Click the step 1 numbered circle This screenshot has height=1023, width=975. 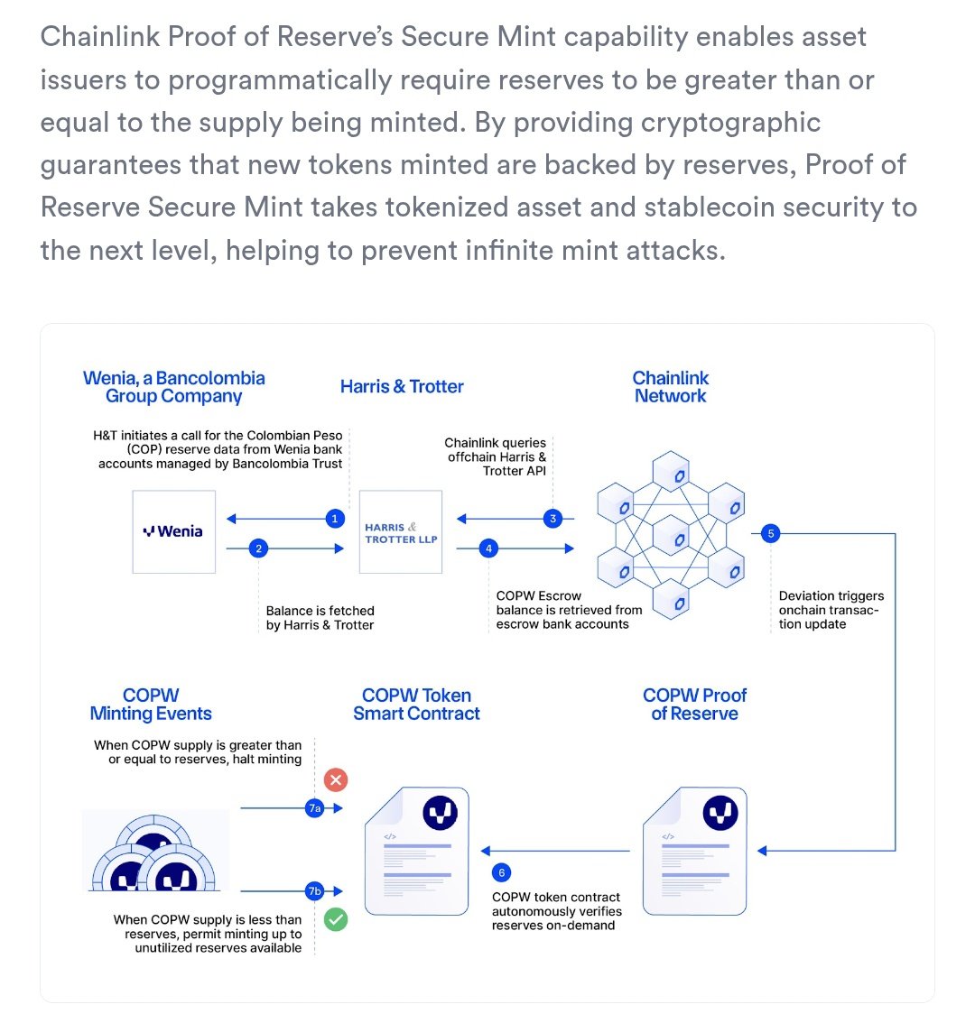[x=335, y=519]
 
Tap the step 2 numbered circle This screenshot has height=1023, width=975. [x=259, y=548]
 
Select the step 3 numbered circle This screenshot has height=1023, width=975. [x=553, y=519]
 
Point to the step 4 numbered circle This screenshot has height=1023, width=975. [x=488, y=548]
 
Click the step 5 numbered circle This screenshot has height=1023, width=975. [x=770, y=533]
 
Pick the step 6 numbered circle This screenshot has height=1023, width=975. [x=502, y=872]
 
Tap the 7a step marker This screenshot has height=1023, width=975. [x=314, y=808]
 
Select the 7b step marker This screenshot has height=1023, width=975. [x=314, y=891]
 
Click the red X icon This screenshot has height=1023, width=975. [x=336, y=779]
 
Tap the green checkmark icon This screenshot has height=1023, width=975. [x=336, y=920]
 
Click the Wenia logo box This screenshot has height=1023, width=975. [x=174, y=532]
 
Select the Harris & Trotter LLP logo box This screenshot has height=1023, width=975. [x=401, y=532]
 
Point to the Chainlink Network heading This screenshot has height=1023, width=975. [x=671, y=387]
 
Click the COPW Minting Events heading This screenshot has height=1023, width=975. [x=151, y=705]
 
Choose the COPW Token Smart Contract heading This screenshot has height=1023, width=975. [x=416, y=705]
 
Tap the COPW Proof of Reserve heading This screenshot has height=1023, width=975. [x=695, y=705]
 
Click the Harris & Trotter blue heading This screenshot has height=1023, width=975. [x=402, y=387]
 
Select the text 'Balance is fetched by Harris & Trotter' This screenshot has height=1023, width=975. [x=320, y=618]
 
